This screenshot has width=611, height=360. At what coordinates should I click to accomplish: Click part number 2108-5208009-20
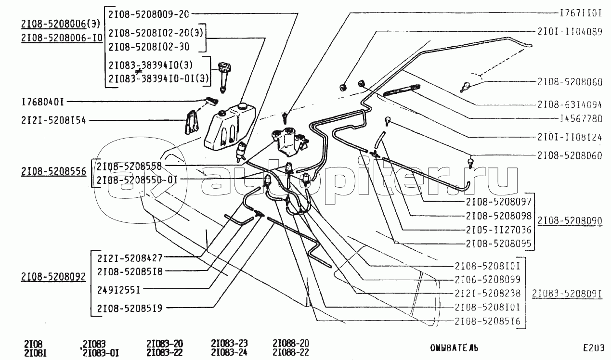[143, 14]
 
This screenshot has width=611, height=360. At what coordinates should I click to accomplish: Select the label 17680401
[43, 102]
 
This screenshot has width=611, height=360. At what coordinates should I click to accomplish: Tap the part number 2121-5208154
[53, 120]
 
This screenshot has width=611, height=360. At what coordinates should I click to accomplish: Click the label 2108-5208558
[129, 166]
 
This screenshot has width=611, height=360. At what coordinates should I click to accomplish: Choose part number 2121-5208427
[130, 257]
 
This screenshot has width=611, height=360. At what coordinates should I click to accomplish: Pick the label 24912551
[118, 290]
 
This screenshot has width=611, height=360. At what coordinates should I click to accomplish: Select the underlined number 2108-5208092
[53, 277]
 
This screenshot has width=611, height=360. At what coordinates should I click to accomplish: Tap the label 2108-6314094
[570, 104]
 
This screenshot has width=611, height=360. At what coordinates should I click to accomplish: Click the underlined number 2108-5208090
[570, 221]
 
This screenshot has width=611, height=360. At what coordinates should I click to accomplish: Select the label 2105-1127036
[499, 230]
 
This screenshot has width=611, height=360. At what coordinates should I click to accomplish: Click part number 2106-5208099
[487, 279]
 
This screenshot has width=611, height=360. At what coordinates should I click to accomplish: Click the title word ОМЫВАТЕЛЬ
[455, 347]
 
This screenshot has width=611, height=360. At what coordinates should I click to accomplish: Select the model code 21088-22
[290, 353]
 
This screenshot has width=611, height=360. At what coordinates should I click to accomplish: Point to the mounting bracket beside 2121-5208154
[193, 123]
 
